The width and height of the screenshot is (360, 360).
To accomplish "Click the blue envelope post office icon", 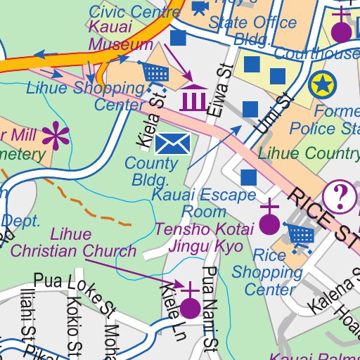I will [172, 144].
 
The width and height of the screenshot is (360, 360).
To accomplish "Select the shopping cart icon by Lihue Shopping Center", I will [155, 71].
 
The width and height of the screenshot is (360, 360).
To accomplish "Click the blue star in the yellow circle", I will [322, 85].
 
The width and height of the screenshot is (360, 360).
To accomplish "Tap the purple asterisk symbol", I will [55, 136].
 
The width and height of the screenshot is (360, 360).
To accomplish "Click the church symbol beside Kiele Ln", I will [190, 304].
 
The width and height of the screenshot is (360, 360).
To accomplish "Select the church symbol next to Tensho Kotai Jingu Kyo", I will [269, 221].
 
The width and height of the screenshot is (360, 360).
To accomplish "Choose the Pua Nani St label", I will [210, 307].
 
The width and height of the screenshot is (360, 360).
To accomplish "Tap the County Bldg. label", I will [150, 172].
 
